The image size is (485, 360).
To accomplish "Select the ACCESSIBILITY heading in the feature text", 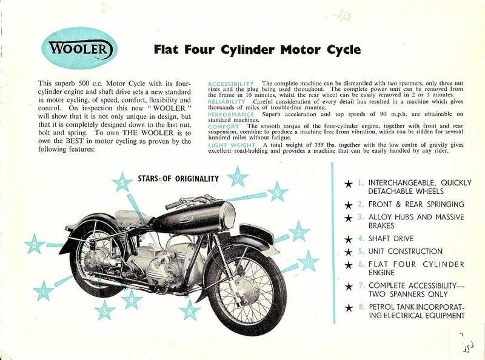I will click(x=231, y=83).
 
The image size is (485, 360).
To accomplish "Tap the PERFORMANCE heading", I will click(x=231, y=114).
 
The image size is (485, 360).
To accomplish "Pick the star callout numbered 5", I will click(x=122, y=182).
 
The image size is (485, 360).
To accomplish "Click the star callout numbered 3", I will click(x=105, y=310).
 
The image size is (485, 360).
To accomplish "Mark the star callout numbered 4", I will click(x=132, y=299).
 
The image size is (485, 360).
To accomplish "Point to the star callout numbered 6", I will click(x=190, y=310).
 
